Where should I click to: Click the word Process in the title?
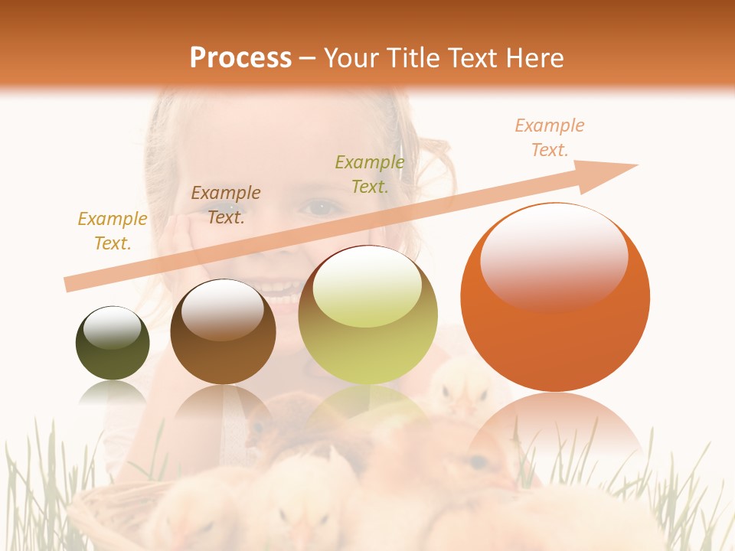[240, 58]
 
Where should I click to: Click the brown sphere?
[223, 333]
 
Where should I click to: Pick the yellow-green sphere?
[368, 315]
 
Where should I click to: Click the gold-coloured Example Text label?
[113, 231]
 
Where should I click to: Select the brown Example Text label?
[226, 205]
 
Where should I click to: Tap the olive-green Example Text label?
[370, 174]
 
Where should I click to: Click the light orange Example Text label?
[550, 138]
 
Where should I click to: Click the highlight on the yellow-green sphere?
[367, 285]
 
